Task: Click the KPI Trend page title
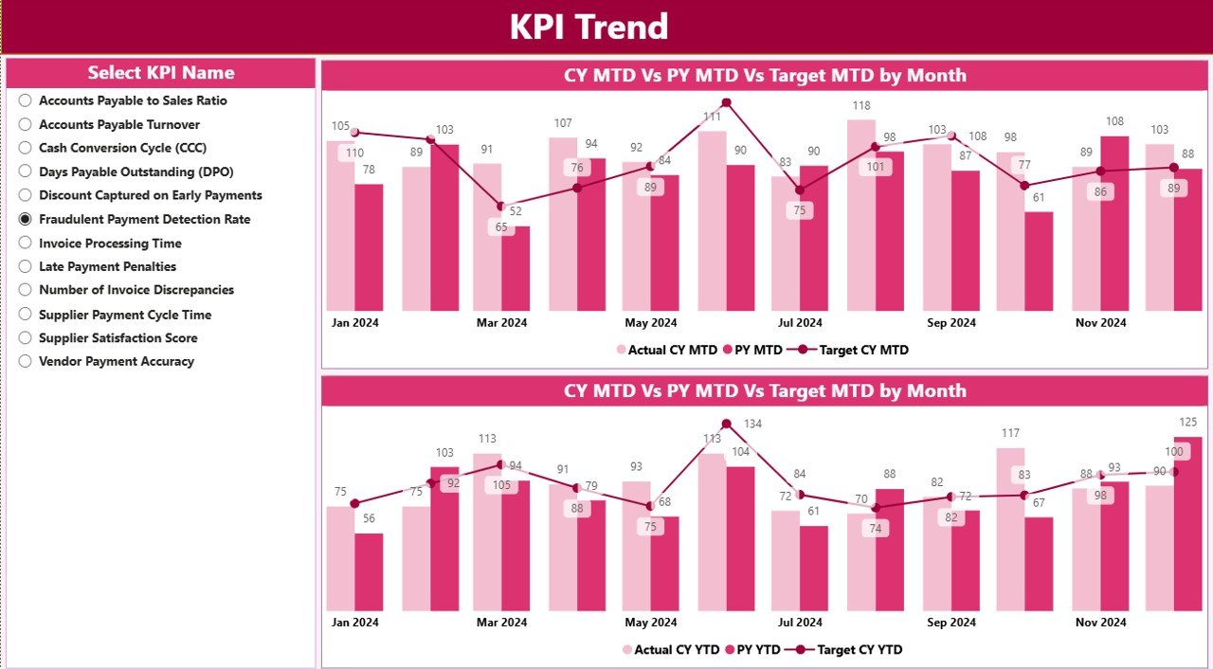pyautogui.click(x=588, y=27)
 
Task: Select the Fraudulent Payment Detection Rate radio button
pyautogui.click(x=26, y=219)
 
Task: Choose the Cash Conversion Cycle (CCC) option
pyautogui.click(x=26, y=148)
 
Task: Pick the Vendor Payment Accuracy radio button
pyautogui.click(x=26, y=361)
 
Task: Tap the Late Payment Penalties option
pyautogui.click(x=26, y=266)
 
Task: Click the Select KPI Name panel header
pyautogui.click(x=161, y=73)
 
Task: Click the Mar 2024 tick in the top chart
pyautogui.click(x=501, y=323)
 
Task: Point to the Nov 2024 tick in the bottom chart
pyautogui.click(x=1100, y=623)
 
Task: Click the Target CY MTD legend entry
pyautogui.click(x=852, y=350)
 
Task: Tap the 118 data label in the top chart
pyautogui.click(x=860, y=106)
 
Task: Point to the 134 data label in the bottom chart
pyautogui.click(x=752, y=424)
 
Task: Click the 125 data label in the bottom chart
pyautogui.click(x=1187, y=423)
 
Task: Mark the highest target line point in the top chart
pyautogui.click(x=727, y=102)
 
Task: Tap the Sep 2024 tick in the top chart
pyautogui.click(x=950, y=323)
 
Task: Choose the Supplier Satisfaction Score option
pyautogui.click(x=26, y=337)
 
